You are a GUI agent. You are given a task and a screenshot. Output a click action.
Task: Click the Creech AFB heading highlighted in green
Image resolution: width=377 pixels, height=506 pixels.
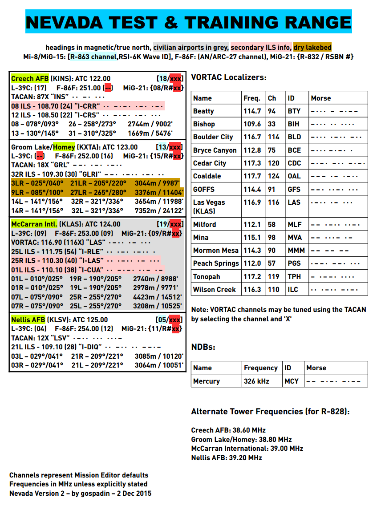30,79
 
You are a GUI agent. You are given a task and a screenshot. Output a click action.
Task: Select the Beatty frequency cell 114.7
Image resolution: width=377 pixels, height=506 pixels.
252,111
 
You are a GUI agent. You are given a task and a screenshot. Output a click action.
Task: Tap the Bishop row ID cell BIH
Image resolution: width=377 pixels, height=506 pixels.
294,124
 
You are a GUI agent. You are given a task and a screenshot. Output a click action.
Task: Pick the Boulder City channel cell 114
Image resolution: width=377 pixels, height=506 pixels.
274,137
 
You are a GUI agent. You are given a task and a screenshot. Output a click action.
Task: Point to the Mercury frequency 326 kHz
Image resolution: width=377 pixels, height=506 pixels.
255,381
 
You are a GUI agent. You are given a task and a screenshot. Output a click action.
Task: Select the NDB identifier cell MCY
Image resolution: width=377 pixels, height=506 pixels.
292,381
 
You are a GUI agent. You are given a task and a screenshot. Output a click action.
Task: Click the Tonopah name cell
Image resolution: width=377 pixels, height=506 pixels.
207,276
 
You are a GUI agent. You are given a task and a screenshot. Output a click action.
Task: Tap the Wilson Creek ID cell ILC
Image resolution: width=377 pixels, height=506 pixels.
293,289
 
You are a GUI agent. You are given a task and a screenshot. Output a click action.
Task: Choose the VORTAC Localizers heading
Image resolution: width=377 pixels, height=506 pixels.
229,77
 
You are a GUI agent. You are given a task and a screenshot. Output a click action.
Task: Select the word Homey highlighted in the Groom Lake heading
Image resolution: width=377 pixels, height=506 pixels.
64,147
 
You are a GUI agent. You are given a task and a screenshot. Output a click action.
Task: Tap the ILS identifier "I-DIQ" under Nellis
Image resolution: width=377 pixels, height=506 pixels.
89,347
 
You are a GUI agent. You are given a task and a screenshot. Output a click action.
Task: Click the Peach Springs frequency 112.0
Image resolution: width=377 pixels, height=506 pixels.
252,263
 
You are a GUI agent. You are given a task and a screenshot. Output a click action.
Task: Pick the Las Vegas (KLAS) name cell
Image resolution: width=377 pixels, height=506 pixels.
209,206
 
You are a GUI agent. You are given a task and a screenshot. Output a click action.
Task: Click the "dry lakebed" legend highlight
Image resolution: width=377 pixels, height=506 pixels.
312,47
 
